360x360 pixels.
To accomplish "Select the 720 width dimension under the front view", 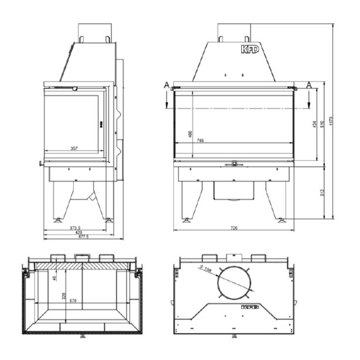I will click(234, 227).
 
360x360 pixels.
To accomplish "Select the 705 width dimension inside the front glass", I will click(201, 141).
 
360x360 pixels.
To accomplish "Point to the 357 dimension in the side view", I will click(75, 149).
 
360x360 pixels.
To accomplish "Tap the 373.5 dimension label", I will click(75, 228).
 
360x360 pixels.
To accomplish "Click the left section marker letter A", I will click(167, 85).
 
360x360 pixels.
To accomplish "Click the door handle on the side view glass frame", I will click(101, 124).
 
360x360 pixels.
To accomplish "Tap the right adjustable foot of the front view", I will click(282, 220).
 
